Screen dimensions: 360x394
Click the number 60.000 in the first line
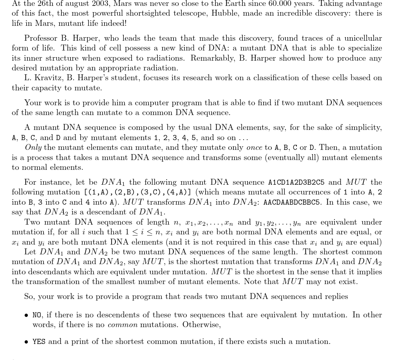(x=280, y=4)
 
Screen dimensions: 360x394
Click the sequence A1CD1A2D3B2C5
(x=296, y=182)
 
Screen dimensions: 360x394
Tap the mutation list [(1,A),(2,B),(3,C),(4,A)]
(x=138, y=193)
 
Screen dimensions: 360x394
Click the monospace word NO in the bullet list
(x=37, y=315)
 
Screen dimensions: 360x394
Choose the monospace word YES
(x=39, y=342)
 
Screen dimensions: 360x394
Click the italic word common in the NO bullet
(x=123, y=325)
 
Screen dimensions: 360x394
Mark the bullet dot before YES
(x=26, y=342)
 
